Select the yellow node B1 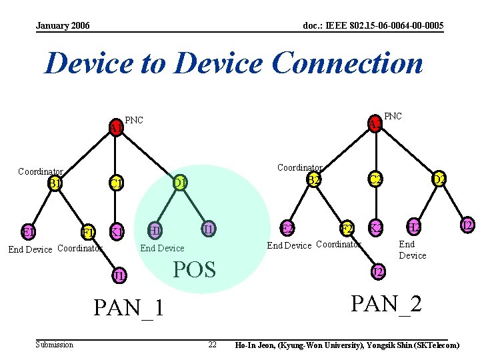[55, 183]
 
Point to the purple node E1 [27, 232]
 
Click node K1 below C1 [117, 232]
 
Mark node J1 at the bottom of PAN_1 [119, 274]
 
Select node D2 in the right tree [438, 179]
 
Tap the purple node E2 [287, 229]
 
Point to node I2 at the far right [467, 225]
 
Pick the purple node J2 [377, 271]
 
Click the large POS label [194, 269]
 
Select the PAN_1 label [129, 308]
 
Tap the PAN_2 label [386, 303]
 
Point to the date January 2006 [63, 25]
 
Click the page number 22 [212, 345]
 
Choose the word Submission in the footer [55, 345]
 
